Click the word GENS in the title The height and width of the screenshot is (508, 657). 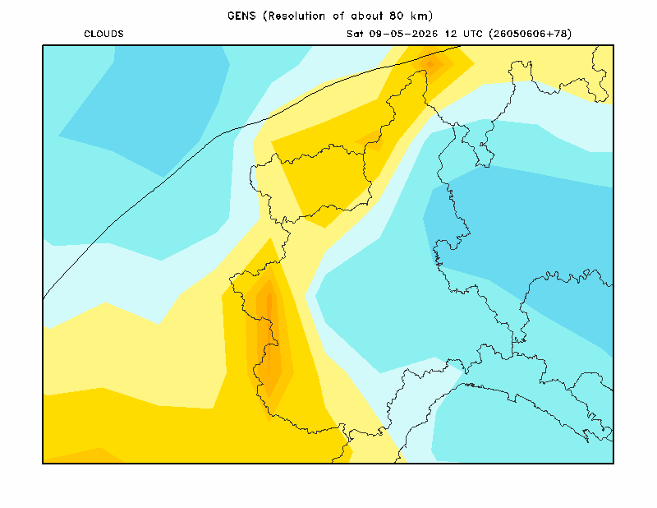point(241,16)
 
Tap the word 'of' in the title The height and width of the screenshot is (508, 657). point(338,16)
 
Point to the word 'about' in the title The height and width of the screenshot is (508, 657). point(367,16)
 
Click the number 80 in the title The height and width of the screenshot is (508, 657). point(397,16)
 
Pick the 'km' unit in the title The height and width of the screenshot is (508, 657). point(419,16)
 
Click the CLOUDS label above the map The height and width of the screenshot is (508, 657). point(104,34)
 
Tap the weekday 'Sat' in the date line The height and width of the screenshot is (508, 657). point(355,34)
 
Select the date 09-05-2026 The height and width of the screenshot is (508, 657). point(403,34)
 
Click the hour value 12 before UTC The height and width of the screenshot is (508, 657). point(451,34)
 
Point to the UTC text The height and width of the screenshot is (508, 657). point(473,34)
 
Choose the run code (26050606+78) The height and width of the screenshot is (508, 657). point(530,34)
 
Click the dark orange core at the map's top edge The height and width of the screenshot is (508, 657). point(430,64)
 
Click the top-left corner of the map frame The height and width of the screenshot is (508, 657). point(43,45)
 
